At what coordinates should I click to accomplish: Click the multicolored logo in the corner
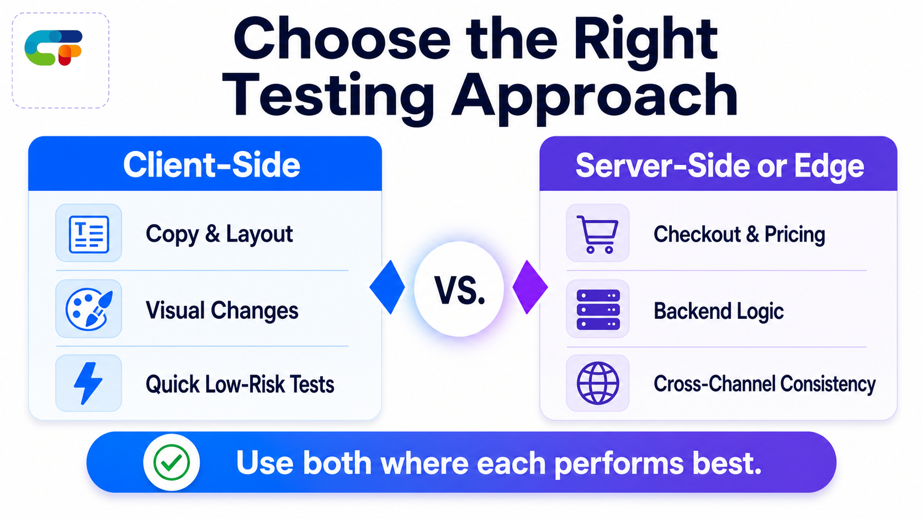53,48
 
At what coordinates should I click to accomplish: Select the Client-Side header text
211,164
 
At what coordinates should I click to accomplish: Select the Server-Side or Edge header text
719,166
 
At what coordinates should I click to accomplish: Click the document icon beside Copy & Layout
88,234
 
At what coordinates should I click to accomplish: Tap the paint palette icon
89,309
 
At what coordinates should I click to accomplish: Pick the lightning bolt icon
88,383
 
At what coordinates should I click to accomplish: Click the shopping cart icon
597,234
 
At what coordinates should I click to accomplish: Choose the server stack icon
598,309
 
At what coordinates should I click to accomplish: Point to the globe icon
597,383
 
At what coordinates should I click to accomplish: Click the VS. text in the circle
459,291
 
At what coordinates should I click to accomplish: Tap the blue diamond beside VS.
387,287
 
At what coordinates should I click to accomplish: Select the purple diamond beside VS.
530,287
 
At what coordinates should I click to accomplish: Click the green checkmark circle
172,462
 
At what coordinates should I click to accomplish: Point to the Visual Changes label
222,310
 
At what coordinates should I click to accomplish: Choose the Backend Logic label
718,311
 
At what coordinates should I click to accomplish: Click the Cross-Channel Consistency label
765,384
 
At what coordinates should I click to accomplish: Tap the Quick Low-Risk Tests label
240,384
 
